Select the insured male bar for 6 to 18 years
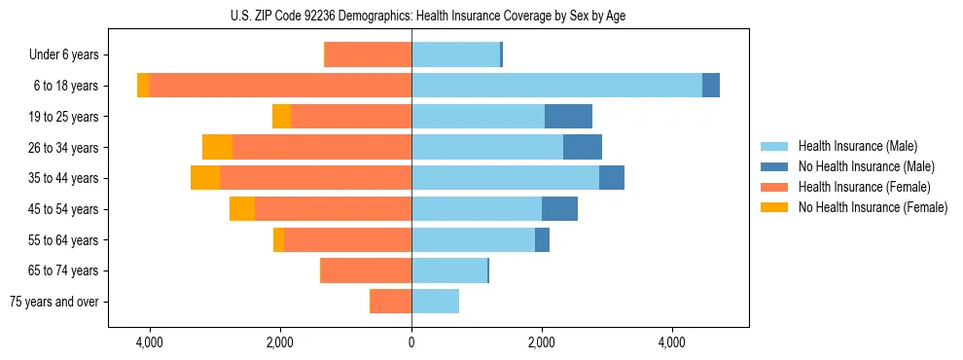tap(556, 86)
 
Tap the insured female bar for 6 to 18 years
tap(280, 86)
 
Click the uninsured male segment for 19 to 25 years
tap(568, 117)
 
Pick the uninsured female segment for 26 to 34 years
tap(217, 147)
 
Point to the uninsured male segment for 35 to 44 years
tap(612, 178)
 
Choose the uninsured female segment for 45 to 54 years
tap(242, 209)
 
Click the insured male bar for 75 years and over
tap(435, 302)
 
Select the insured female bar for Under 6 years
tap(369, 54)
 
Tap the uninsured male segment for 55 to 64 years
tap(542, 239)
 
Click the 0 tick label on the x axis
tap(411, 342)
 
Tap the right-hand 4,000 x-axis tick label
tap(672, 342)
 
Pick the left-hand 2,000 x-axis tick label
tap(280, 342)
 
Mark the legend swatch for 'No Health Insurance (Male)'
tap(774, 166)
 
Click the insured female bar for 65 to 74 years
tap(367, 270)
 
